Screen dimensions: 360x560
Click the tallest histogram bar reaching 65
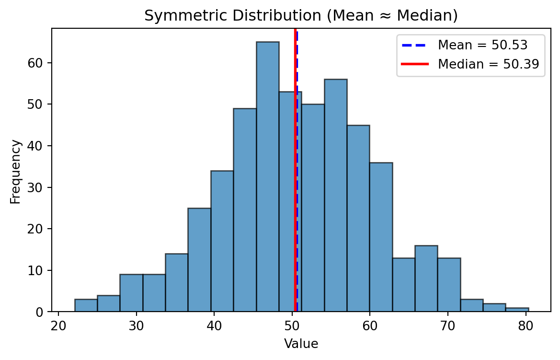coord(267,177)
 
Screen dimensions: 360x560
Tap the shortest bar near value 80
coord(517,310)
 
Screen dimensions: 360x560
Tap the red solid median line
coord(295,144)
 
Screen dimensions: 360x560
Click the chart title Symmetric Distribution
coord(301,16)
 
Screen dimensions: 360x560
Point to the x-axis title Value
coord(301,343)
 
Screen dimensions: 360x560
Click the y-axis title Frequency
coord(15,171)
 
